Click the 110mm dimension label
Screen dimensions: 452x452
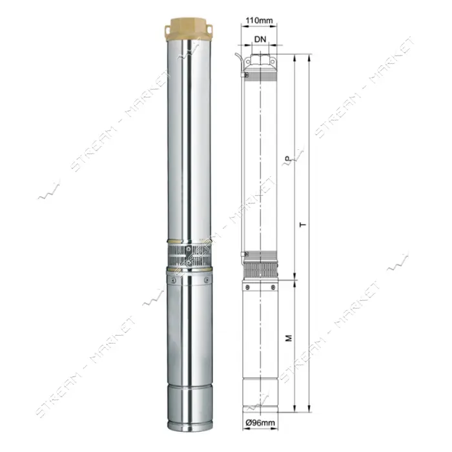click(259, 21)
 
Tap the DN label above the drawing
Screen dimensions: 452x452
click(260, 39)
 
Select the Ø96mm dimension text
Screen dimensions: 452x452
click(260, 423)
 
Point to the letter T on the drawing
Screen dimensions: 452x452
click(303, 225)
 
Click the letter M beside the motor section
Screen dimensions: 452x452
click(289, 338)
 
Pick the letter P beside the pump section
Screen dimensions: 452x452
click(287, 159)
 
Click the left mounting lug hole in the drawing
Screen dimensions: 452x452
click(247, 61)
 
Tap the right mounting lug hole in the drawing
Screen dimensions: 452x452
click(272, 61)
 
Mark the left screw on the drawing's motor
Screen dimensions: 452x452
click(247, 287)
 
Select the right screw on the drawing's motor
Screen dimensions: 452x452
click(273, 287)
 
